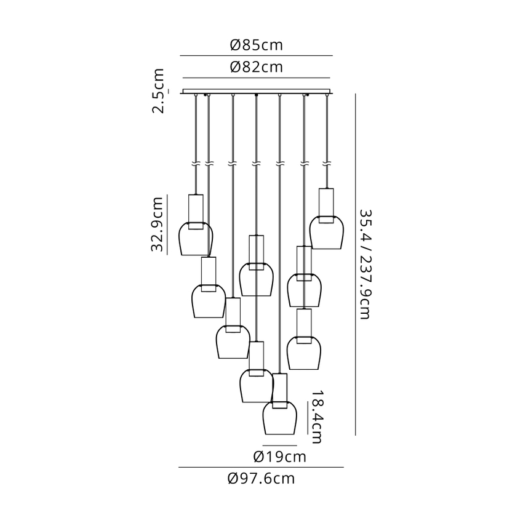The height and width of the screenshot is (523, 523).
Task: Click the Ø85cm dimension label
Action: point(256,45)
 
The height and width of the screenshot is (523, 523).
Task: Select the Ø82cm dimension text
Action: point(256,67)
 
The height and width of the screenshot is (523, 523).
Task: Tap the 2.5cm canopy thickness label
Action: point(158,90)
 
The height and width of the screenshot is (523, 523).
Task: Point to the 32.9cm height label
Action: point(157,224)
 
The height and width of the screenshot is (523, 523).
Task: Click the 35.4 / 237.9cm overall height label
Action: point(365,264)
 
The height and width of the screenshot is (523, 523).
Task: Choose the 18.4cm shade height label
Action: point(316,417)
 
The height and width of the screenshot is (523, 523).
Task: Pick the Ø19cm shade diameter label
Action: point(279,457)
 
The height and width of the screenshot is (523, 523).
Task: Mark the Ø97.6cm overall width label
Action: point(261,479)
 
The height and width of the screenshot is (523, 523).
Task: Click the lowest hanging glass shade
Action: point(279,418)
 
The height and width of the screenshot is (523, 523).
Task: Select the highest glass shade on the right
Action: point(327,233)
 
